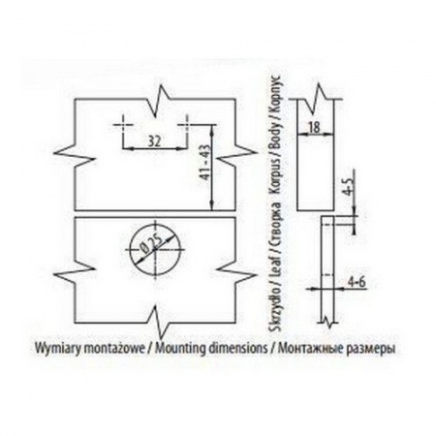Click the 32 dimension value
pos(154,140)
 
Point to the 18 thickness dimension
pos(314,127)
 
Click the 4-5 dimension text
pos(349,186)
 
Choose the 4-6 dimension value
pos(357,282)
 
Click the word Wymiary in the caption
pos(57,349)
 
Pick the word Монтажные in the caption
pos(308,348)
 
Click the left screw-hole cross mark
pos(123,125)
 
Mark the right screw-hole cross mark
pos(187,125)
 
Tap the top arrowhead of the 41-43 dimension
pos(212,128)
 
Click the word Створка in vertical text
pos(276,226)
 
